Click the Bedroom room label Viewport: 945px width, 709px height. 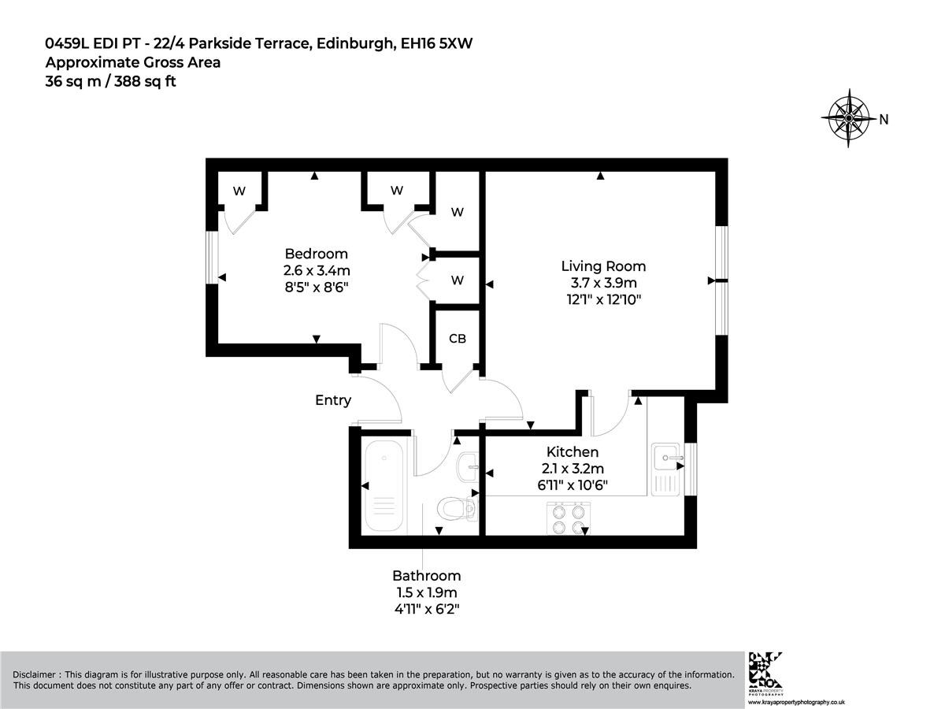coord(316,254)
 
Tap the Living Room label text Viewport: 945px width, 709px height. coord(603,266)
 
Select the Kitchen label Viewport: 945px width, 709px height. coord(573,451)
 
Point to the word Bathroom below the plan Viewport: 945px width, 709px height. coord(426,576)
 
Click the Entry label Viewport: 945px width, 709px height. coord(333,400)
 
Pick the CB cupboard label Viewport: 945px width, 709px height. coord(458,339)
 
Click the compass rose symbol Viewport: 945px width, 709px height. coord(848,118)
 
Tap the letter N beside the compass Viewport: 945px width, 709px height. coord(884,119)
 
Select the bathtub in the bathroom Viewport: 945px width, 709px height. coord(384,486)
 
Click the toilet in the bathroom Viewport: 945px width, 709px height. coord(457,508)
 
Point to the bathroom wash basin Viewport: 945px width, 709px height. coord(467,466)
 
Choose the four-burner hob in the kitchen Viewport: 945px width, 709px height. coord(569,518)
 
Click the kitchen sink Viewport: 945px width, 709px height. coord(665,470)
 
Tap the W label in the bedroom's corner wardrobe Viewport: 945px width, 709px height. coord(239,191)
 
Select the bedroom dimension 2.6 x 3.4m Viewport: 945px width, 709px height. coord(317,270)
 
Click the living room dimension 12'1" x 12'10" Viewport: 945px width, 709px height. coord(603,299)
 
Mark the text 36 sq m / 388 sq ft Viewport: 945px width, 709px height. coord(111,81)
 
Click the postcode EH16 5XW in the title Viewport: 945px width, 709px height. coord(436,43)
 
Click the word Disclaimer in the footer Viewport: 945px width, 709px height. coord(34,674)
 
